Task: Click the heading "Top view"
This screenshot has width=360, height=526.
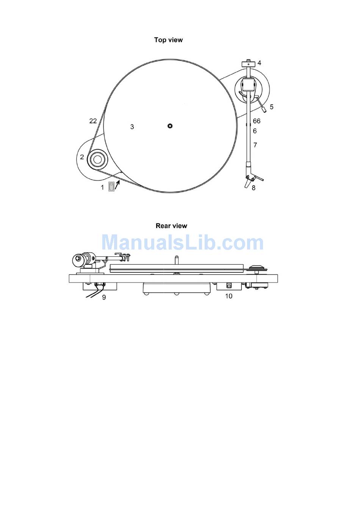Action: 168,40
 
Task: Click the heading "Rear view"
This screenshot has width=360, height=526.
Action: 171,226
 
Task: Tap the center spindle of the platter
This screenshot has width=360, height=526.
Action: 170,126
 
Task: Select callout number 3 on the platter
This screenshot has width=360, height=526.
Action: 132,127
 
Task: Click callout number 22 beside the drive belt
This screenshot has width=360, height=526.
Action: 93,121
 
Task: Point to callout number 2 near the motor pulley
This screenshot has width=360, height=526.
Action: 82,157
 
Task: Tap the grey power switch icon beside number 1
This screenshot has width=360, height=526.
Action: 111,187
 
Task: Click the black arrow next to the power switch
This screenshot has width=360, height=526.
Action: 117,185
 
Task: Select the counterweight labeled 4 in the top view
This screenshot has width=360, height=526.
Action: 248,64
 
